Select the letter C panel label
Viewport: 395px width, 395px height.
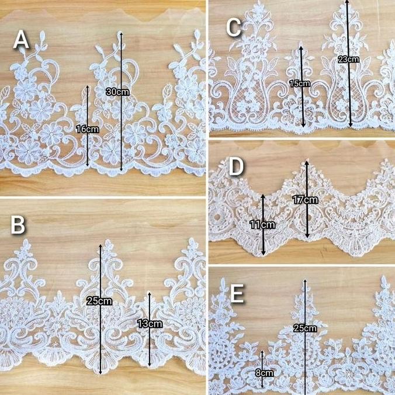click(234, 27)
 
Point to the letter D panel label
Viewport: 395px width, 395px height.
click(235, 166)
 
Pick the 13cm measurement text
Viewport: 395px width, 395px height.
click(151, 323)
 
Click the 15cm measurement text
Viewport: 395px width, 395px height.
click(300, 84)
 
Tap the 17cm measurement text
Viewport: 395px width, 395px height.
click(306, 200)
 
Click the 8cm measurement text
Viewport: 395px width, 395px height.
click(264, 372)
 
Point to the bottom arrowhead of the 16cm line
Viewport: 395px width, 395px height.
click(88, 165)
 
